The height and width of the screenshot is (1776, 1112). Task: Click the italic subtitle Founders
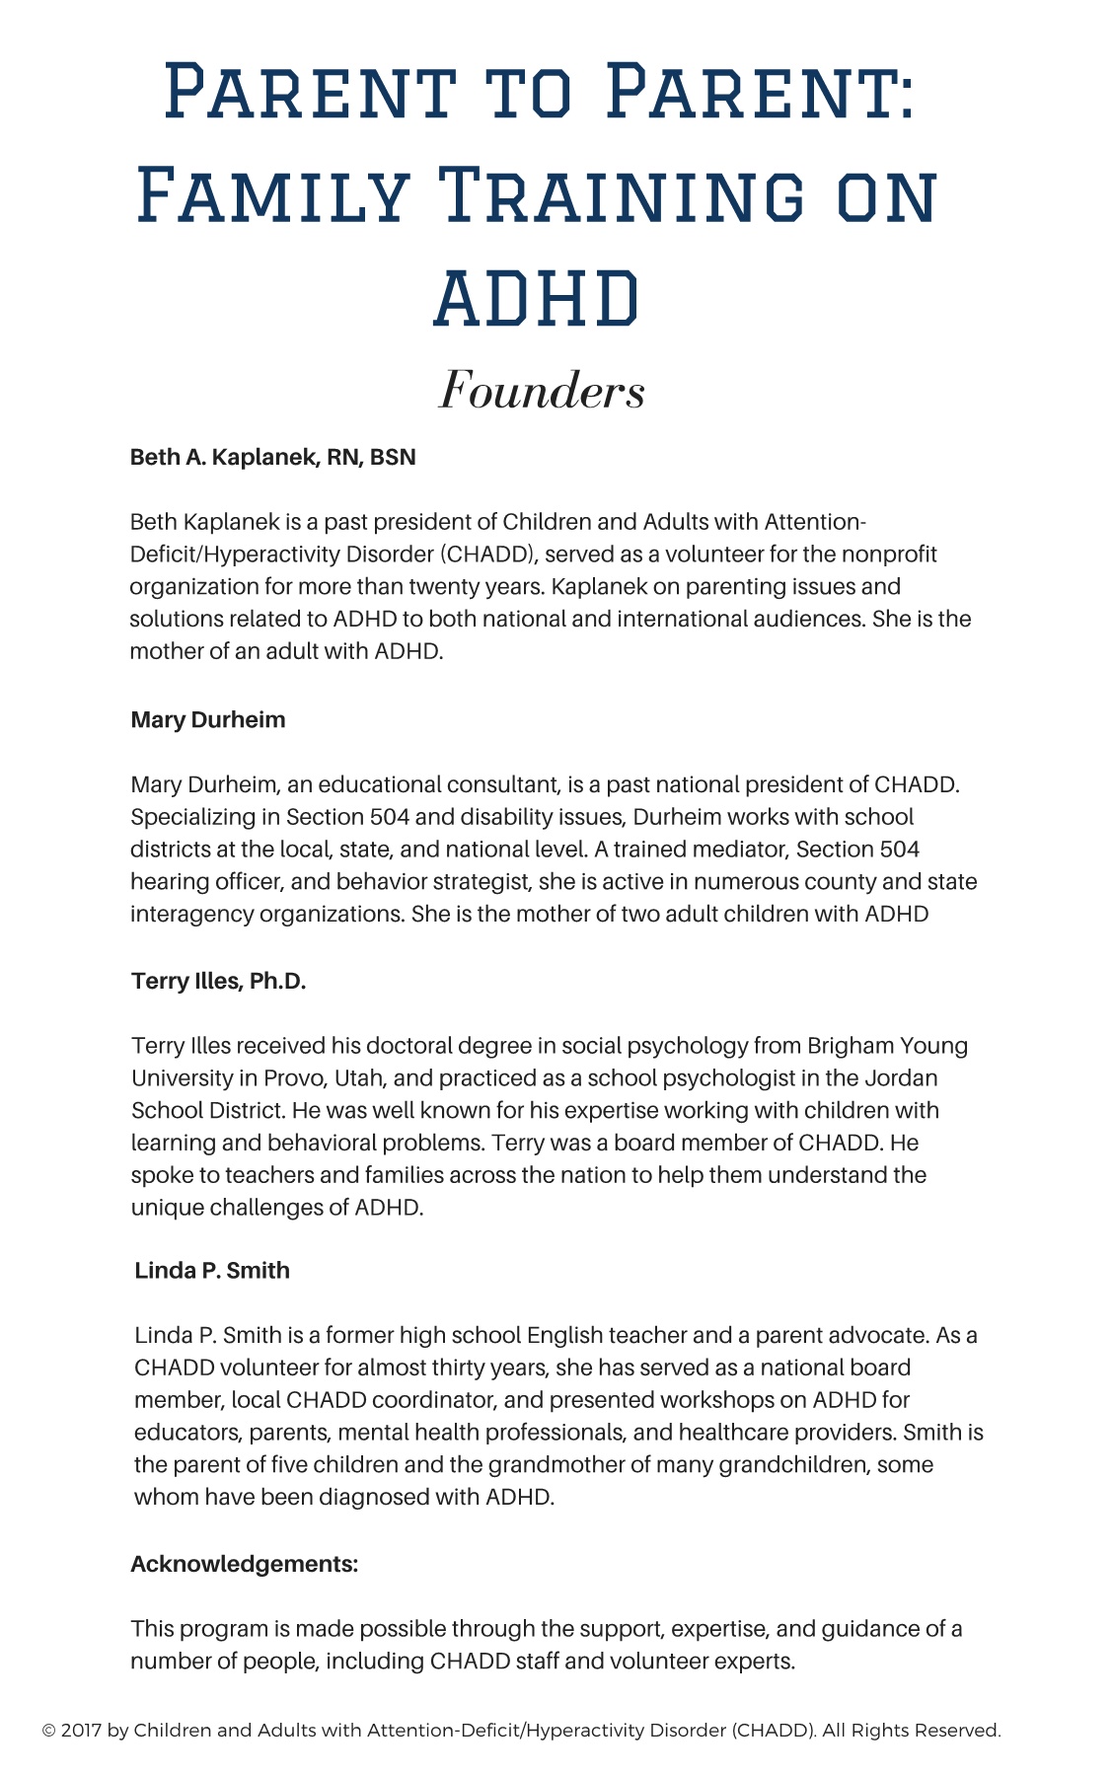coord(542,390)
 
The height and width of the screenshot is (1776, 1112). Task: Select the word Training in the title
coord(628,194)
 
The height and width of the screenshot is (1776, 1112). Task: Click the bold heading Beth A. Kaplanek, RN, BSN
coord(273,457)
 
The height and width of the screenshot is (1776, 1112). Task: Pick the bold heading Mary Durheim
coord(208,719)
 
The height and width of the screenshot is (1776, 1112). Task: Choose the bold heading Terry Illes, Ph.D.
coord(219,981)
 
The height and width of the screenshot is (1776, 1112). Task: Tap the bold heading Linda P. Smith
coord(212,1270)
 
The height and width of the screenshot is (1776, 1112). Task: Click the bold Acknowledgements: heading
coord(244,1564)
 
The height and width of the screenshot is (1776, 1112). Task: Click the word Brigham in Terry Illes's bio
coord(850,1045)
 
